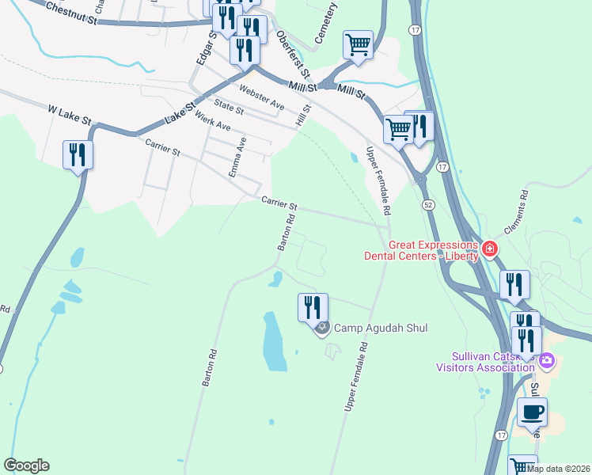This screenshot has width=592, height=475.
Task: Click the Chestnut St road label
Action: pyautogui.click(x=70, y=12)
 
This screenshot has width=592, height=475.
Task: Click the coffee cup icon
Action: pyautogui.click(x=532, y=412)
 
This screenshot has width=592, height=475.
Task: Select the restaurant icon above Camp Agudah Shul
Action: pyautogui.click(x=312, y=307)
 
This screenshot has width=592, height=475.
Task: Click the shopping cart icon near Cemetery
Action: pyautogui.click(x=358, y=45)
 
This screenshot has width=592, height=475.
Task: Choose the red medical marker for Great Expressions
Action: pyautogui.click(x=490, y=249)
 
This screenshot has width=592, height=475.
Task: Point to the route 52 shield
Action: pyautogui.click(x=427, y=205)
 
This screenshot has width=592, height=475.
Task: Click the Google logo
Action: pyautogui.click(x=26, y=465)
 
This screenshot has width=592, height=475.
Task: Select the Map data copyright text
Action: pyautogui.click(x=559, y=469)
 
